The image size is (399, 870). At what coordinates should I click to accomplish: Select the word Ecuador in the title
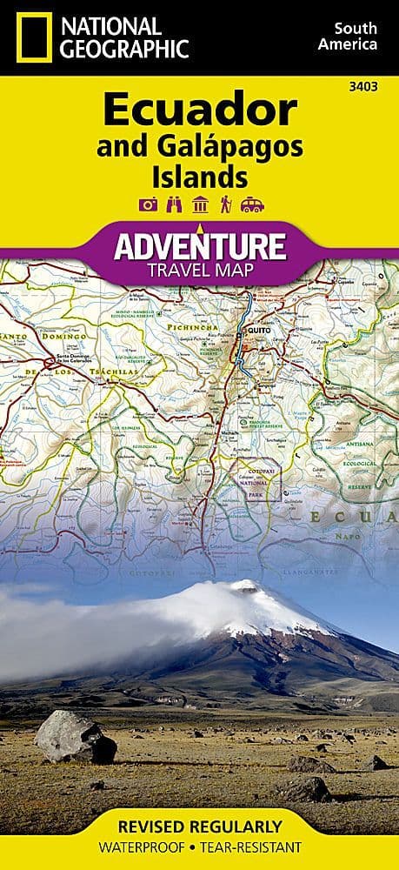coord(200,111)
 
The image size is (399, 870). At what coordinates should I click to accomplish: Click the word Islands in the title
coord(200,177)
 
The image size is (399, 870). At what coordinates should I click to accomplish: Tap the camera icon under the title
coord(147,205)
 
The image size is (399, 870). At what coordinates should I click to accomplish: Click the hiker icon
coord(226,205)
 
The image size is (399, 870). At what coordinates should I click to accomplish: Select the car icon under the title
coord(253,205)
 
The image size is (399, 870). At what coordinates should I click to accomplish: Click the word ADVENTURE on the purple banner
coord(200,246)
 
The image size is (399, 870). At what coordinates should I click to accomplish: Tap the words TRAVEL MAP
coord(200,270)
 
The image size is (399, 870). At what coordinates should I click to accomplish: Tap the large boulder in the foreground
coord(75,736)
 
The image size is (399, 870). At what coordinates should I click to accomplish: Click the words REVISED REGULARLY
coord(200,825)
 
